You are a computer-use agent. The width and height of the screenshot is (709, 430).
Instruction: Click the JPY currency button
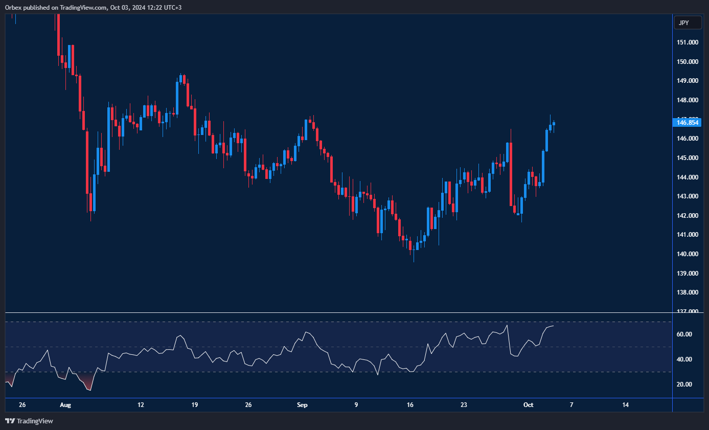[x=688, y=22]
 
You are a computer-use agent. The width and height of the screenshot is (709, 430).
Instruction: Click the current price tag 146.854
[x=688, y=122]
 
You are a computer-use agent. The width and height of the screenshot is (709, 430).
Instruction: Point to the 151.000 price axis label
[x=688, y=42]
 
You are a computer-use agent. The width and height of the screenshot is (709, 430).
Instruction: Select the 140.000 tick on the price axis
[x=688, y=254]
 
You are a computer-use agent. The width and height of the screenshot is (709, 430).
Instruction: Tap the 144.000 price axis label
[x=688, y=177]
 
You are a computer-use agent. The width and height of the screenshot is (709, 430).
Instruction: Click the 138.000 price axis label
[x=688, y=292]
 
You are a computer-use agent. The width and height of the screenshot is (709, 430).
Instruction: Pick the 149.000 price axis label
[x=688, y=81]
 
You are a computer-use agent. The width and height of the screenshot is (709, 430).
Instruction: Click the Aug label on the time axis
[x=65, y=405]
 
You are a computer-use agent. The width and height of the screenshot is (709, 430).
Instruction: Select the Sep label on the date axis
[x=302, y=405]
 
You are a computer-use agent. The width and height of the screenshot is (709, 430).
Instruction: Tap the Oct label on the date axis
[x=528, y=405]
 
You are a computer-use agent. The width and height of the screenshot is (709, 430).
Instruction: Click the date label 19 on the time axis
[x=194, y=405]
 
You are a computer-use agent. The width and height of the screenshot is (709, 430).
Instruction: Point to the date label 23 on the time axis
[x=464, y=405]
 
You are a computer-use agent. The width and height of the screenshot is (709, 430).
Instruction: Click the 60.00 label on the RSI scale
[x=684, y=334]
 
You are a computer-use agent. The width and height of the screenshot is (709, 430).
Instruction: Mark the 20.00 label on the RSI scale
[x=684, y=384]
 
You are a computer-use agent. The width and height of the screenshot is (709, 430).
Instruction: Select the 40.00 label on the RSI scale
[x=684, y=359]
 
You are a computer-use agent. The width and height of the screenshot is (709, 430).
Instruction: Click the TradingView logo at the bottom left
[x=29, y=421]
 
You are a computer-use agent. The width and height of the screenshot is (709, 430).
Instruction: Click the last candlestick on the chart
[x=554, y=124]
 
